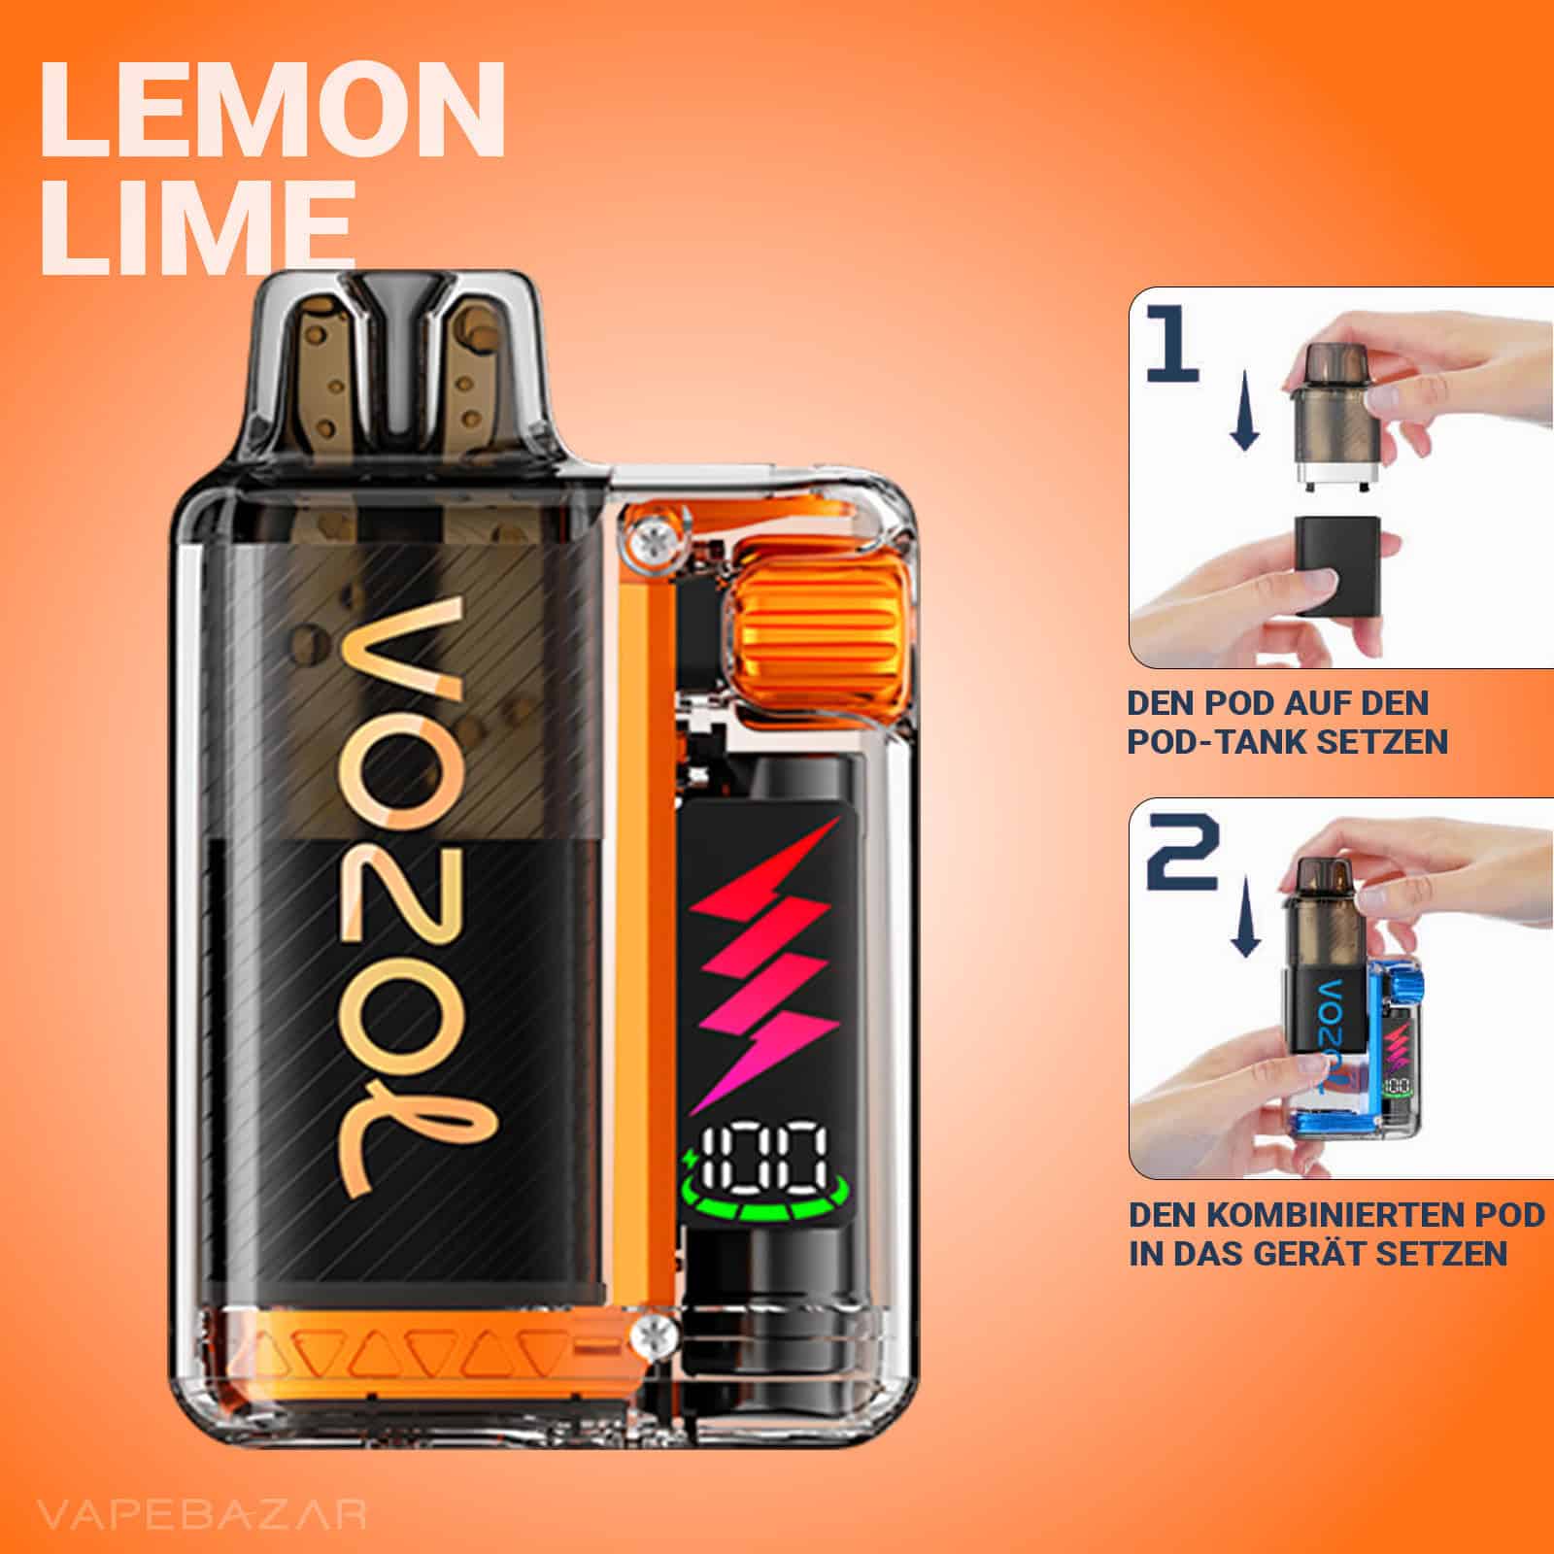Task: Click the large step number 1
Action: [1172, 343]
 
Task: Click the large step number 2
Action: [1181, 851]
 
